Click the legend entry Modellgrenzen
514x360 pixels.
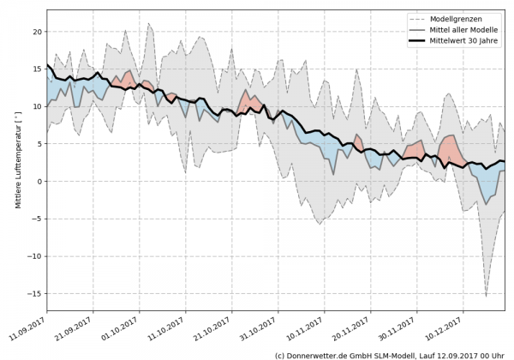(468, 18)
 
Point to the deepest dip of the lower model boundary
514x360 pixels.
(486, 297)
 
